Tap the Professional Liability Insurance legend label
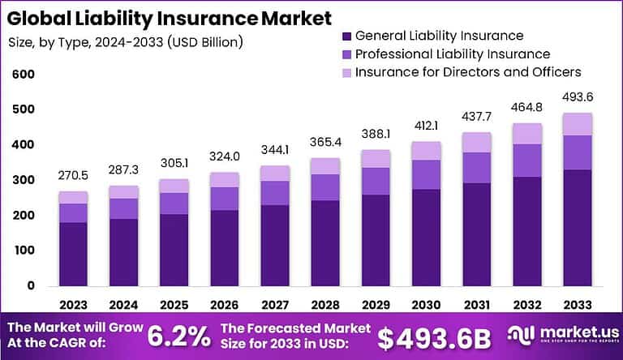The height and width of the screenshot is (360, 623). (x=453, y=54)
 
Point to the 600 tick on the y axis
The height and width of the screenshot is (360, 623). (x=24, y=75)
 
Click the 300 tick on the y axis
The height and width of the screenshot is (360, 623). (x=24, y=180)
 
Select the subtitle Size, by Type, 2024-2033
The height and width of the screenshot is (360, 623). (x=125, y=41)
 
